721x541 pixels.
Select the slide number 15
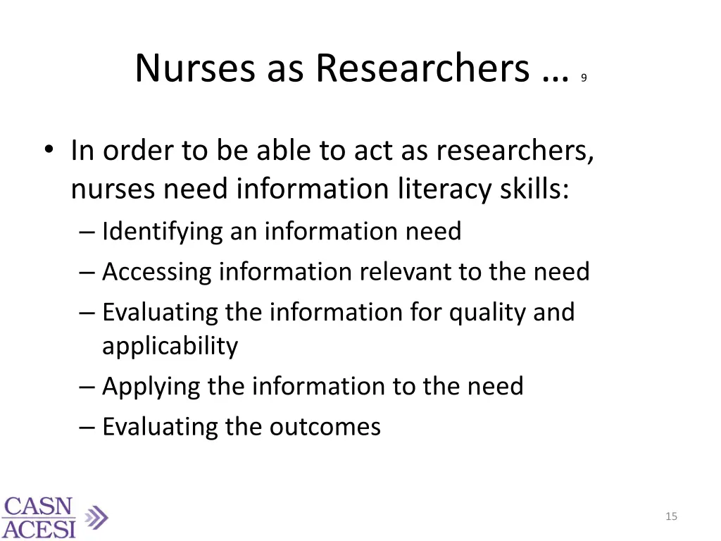(671, 517)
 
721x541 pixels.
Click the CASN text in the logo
(39, 507)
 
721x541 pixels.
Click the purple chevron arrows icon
(96, 518)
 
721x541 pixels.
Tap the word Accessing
(156, 272)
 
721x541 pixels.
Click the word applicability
(170, 346)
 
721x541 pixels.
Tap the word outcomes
(333, 427)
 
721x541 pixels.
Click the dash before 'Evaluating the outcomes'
(88, 427)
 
